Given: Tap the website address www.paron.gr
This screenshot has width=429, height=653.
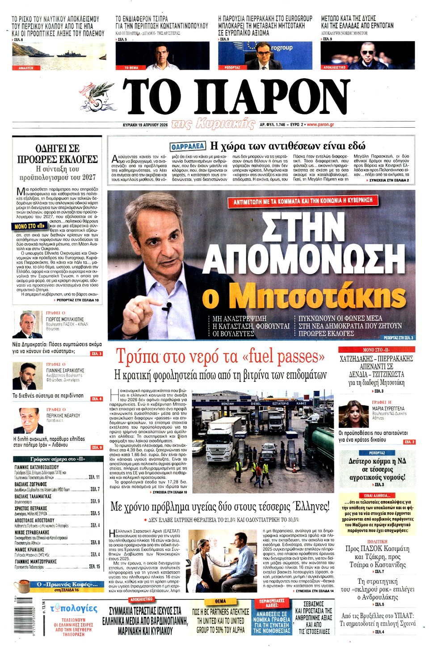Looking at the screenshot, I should [x=320, y=125].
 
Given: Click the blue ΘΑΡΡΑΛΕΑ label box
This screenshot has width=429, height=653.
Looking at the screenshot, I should [x=188, y=146].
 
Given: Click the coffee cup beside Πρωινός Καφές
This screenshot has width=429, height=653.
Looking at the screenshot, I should [x=22, y=585].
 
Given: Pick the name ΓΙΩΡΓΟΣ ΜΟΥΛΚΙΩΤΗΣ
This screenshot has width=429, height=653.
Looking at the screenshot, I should [x=65, y=319].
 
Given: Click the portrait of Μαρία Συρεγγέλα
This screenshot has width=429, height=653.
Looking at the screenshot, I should [x=353, y=414].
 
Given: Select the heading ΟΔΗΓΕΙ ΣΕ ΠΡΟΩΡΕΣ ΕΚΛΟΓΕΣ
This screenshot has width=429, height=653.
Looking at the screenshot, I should [x=57, y=154].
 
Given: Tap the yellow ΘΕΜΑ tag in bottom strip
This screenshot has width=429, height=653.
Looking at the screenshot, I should [x=220, y=601].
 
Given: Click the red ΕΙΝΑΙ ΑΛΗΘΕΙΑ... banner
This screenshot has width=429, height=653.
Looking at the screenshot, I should [x=377, y=495].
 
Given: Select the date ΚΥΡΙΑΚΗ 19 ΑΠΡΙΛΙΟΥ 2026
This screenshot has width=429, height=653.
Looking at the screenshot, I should [x=145, y=125].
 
